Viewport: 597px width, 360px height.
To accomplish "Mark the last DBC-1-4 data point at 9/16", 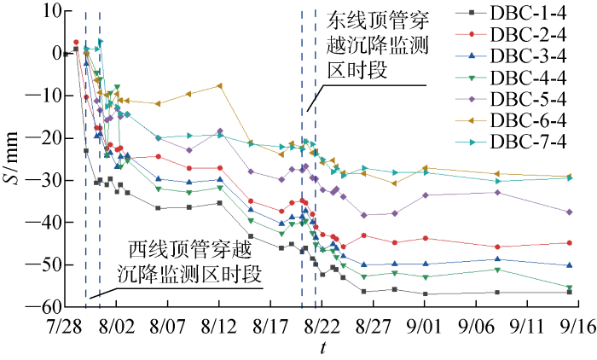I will point(570,292).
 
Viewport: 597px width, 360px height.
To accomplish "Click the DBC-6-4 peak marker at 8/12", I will point(219,85).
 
